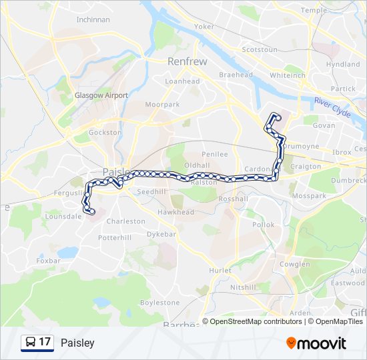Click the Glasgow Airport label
101,95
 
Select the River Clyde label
333,107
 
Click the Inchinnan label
93,19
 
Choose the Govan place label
324,125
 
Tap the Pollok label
263,225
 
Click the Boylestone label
160,303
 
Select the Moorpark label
163,105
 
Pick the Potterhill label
115,237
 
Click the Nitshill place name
243,287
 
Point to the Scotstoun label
259,50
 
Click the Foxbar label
48,261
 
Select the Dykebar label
161,234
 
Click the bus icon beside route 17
30,343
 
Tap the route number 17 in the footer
45,343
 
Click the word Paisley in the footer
77,343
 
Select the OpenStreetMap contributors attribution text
256,321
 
